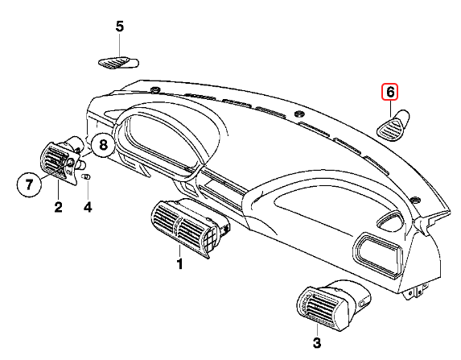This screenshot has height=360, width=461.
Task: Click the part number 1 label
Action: pos(180,263)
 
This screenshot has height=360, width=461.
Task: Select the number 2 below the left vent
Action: pos(58,208)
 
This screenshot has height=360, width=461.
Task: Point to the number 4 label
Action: pos(88,208)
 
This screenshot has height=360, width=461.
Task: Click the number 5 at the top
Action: pos(120,27)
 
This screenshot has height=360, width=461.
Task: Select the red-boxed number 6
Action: pos(389,92)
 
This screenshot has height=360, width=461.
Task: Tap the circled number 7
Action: pos(28,185)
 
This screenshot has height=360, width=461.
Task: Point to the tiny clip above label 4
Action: pos(87,176)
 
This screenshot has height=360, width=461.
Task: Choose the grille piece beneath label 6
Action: pos(394,125)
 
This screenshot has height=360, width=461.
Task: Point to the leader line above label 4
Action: pos(88,191)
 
